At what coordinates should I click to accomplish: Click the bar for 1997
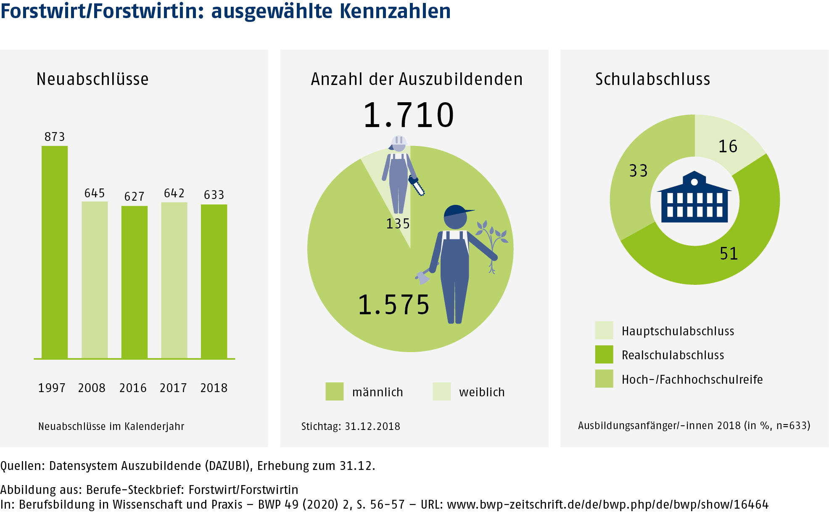point(55,252)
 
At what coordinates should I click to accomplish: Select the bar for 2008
point(95,280)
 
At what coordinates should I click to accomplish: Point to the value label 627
point(134,196)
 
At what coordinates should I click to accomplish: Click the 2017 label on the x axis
point(173,387)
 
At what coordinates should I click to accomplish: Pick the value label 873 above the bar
point(55,137)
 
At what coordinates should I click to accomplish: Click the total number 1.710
point(409,115)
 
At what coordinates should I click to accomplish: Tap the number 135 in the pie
point(398,223)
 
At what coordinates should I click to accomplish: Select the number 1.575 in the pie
point(393,305)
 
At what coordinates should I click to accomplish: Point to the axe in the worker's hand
point(422,277)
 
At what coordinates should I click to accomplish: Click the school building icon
point(694,198)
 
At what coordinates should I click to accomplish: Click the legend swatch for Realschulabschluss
point(604,354)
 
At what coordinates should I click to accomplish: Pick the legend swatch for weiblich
point(441,391)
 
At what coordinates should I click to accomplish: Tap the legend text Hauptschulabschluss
point(678,331)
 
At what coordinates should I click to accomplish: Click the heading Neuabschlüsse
point(92,79)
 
